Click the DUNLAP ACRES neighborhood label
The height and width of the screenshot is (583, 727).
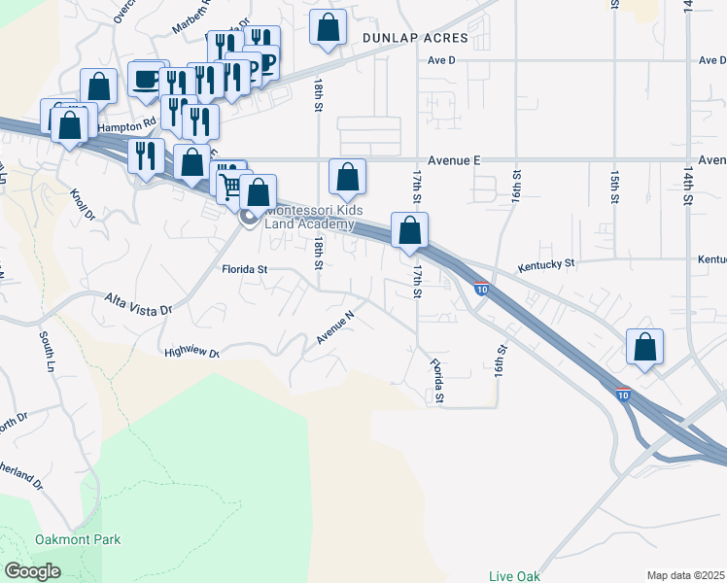coord(415,39)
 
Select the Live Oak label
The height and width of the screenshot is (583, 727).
coord(514,575)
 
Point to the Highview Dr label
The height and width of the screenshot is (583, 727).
coord(191,354)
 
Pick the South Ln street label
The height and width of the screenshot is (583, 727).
coord(46,351)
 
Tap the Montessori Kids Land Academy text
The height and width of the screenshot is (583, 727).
coord(309,218)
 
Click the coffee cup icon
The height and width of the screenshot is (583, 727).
coord(146,79)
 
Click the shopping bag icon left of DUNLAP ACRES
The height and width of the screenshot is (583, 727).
coord(329,27)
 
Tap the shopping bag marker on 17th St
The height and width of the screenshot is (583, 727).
coord(410,230)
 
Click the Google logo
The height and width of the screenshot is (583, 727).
coord(33,571)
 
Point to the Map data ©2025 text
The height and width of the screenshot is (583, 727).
coord(686,575)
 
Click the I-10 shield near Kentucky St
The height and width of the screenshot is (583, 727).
coord(482,289)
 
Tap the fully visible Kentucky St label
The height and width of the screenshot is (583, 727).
coord(546,263)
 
